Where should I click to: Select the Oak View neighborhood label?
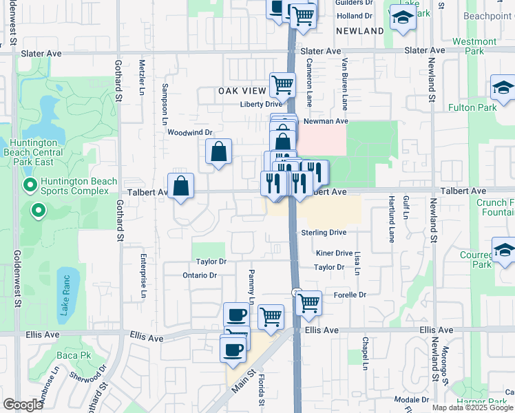click(242, 91)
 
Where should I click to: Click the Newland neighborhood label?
click(360, 31)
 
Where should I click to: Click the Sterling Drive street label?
click(324, 233)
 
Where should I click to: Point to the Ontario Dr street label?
click(200, 275)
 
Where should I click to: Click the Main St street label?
click(239, 379)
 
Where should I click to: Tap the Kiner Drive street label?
click(334, 253)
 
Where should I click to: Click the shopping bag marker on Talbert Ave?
click(180, 186)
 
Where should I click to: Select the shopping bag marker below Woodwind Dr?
click(218, 151)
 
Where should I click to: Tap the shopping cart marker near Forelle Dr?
click(309, 302)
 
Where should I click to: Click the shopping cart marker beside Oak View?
click(282, 85)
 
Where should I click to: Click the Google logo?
click(23, 405)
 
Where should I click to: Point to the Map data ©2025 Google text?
click(473, 407)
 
